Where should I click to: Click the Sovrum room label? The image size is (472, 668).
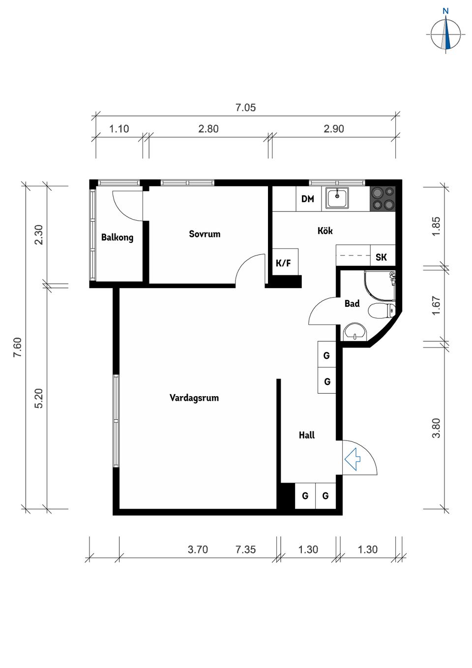[x=205, y=234]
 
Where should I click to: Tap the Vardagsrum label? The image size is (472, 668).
[x=194, y=398]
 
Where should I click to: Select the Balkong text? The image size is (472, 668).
[x=117, y=238]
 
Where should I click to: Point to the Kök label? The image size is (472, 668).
[x=325, y=231]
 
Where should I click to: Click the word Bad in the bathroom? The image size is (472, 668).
[x=352, y=304]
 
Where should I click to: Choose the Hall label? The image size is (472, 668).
[x=307, y=435]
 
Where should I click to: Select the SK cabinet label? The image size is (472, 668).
[x=381, y=257]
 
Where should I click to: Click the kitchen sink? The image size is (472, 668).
[x=337, y=198]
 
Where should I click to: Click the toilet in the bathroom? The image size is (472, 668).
[x=382, y=311]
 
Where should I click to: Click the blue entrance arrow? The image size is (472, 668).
[x=353, y=459]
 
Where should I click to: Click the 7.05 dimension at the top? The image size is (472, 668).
[x=245, y=107]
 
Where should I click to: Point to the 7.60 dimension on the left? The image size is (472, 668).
[x=18, y=347]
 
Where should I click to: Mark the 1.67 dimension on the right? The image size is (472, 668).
[x=436, y=305]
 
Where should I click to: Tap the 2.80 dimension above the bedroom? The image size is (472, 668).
[x=208, y=129]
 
